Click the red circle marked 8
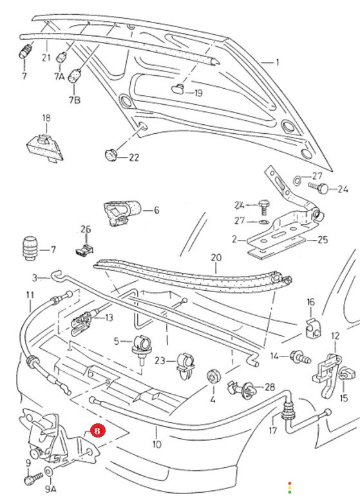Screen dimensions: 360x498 pos(97,430)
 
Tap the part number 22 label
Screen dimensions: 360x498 pos(134,158)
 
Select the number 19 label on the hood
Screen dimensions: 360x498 pos(198,93)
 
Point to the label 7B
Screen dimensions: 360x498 pos(75,100)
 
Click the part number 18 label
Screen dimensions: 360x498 pos(46,118)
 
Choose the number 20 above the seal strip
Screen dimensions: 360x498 pos(216,257)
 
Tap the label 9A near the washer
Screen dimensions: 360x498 pos(51,489)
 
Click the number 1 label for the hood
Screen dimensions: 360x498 pos(278,62)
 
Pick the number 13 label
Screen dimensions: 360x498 pos(109,318)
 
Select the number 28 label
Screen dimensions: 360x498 pos(270,387)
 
